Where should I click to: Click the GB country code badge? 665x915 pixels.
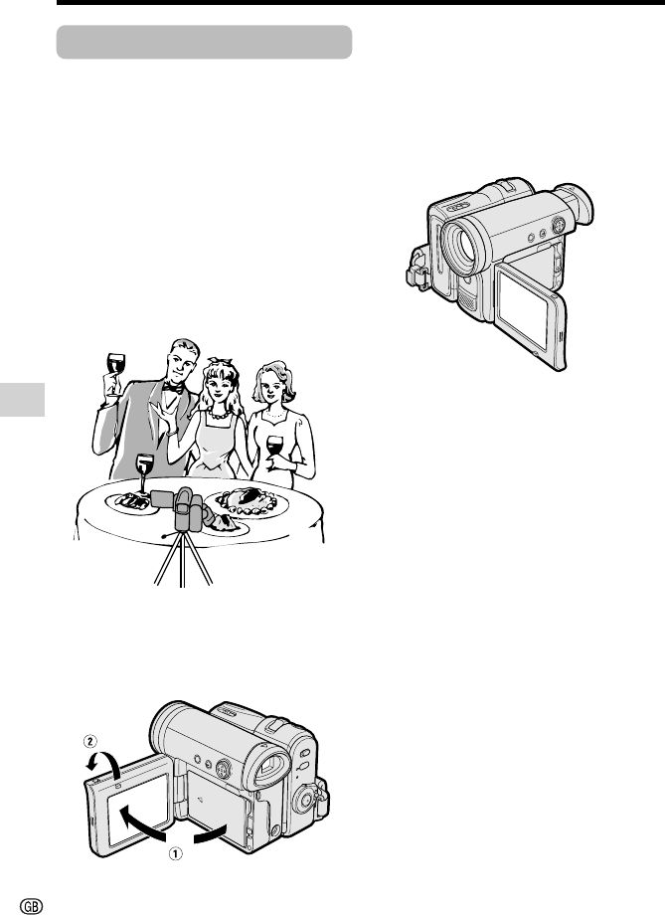tap(32, 905)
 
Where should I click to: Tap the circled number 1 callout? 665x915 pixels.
tap(176, 853)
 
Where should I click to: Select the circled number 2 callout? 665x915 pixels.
tap(89, 741)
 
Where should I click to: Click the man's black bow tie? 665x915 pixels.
tap(173, 387)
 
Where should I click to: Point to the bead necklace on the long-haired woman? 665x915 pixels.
tap(220, 415)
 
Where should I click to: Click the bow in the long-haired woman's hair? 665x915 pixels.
tap(216, 362)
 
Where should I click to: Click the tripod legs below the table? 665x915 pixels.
tap(183, 559)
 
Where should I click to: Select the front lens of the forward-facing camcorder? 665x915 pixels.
tap(459, 244)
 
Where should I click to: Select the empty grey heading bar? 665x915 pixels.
tap(204, 42)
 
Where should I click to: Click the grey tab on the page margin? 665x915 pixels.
tap(22, 400)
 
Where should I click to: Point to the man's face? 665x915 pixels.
tap(181, 364)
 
